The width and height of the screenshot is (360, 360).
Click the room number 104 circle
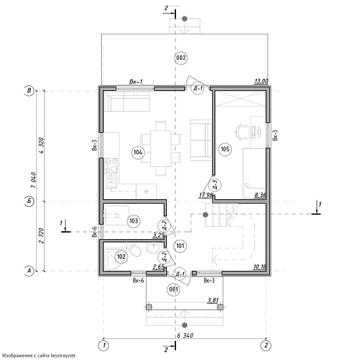[138, 152]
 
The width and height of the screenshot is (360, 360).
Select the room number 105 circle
[225, 149]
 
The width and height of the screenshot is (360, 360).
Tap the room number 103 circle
[133, 221]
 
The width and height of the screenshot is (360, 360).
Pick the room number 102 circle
[121, 256]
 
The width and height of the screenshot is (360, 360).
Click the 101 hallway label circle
[180, 246]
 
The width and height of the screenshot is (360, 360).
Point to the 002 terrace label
[181, 58]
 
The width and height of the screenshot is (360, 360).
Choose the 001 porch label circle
[173, 289]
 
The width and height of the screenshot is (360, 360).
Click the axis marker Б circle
[29, 201]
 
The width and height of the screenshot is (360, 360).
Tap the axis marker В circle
[29, 90]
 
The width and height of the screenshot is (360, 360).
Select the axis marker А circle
[29, 271]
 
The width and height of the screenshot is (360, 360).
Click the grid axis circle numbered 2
[266, 346]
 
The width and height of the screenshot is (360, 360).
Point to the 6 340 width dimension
[185, 336]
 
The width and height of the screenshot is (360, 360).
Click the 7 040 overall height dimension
[34, 180]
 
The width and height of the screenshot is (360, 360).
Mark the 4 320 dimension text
[41, 146]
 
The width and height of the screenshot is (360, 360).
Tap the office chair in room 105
[242, 132]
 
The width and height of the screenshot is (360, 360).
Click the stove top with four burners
[111, 166]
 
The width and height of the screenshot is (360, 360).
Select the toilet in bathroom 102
[134, 251]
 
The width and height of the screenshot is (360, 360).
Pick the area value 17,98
[206, 195]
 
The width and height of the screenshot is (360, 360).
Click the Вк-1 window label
[136, 81]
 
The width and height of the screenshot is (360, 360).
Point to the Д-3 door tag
[215, 185]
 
